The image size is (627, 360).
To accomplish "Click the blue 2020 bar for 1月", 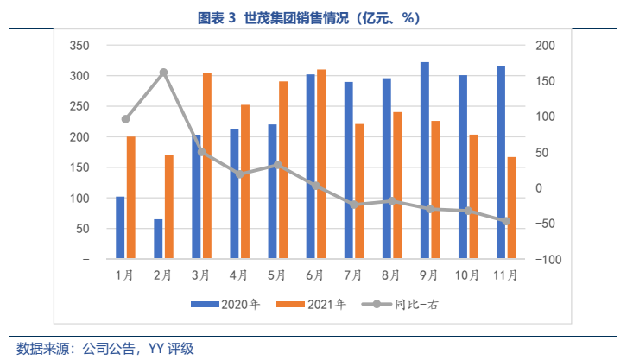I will tap(120, 228).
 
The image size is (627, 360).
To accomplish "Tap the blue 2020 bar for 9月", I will tap(424, 161).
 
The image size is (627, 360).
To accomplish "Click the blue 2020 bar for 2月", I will tap(158, 239).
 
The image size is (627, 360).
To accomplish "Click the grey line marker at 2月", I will tap(163, 73).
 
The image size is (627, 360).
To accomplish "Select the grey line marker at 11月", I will tap(506, 221).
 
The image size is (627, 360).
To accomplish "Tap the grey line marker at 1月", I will tap(125, 119).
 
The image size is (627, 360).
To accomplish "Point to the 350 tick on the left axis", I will tap(79, 45).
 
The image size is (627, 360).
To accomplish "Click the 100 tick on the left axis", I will tap(79, 198).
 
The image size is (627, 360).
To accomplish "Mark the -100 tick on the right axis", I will tap(546, 259).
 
